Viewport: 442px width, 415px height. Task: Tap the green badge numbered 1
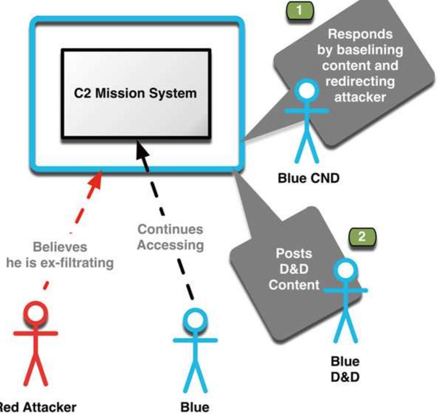tap(299, 10)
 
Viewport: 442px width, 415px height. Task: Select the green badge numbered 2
tap(362, 237)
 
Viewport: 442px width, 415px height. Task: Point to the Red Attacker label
tap(37, 407)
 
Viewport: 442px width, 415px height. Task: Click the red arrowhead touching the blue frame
tap(95, 181)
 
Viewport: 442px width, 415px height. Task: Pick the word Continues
tap(170, 229)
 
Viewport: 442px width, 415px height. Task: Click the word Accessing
tap(171, 245)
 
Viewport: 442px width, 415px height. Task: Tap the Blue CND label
tap(308, 178)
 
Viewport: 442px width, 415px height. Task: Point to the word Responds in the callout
tap(360, 34)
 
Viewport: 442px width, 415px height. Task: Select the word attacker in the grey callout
tap(360, 97)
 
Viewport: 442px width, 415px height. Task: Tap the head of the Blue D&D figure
tap(345, 270)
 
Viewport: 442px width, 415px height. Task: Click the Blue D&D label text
tap(345, 369)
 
